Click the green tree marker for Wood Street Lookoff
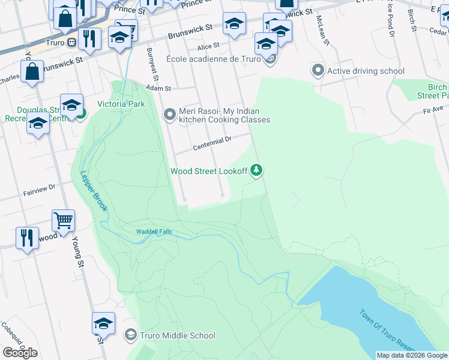[x=257, y=171]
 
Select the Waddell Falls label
[x=143, y=232]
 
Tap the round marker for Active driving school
[x=318, y=71]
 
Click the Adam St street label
[x=159, y=88]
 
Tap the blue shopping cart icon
[x=63, y=221]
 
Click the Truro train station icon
[x=71, y=42]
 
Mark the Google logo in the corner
[x=20, y=353]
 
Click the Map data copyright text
[x=412, y=355]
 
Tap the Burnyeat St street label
[x=151, y=58]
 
